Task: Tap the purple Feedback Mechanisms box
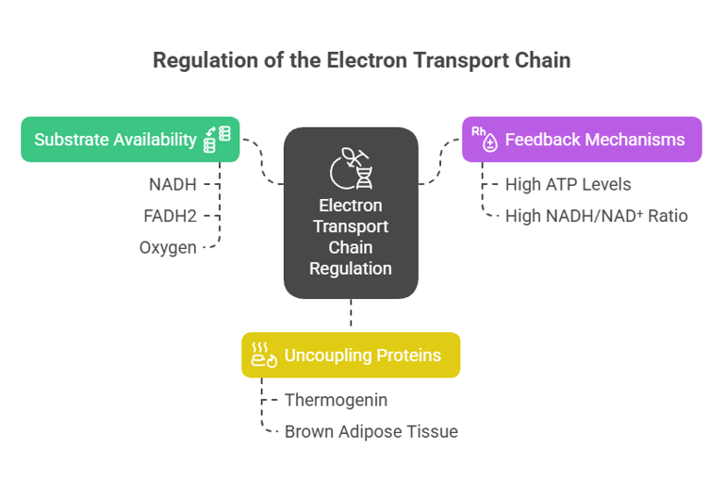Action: tap(582, 140)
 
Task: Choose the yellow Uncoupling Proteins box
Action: tap(351, 356)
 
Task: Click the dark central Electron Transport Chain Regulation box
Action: tap(351, 213)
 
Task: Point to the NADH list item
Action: tap(173, 184)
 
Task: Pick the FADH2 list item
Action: tap(170, 216)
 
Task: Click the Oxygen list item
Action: tap(168, 247)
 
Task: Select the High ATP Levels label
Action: tap(568, 184)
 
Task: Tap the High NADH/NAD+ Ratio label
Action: tap(596, 216)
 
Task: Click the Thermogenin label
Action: tap(336, 400)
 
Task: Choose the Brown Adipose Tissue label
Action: tap(371, 431)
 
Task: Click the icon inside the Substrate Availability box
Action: tap(218, 140)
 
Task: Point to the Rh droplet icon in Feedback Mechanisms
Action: tap(485, 140)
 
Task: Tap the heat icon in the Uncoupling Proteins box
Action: tap(263, 356)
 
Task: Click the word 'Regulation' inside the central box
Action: tap(351, 268)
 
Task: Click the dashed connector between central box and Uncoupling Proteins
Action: tap(351, 315)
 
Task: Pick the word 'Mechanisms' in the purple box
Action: tap(636, 140)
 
